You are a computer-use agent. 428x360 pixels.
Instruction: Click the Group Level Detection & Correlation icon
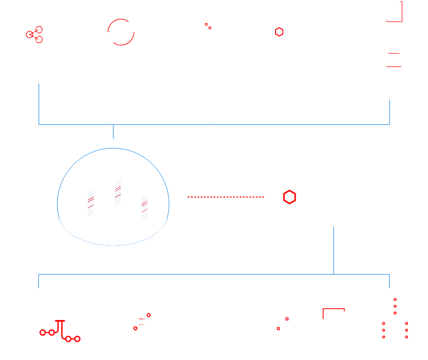pos(38,34)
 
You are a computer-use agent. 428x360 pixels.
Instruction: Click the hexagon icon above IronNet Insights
pos(284,32)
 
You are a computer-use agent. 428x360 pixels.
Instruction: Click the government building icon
pos(393,57)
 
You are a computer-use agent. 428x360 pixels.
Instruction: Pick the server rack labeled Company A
pos(113,190)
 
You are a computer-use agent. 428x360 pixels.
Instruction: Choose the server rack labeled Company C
pos(140,205)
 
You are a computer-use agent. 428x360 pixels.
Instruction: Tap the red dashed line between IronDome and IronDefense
pos(226,197)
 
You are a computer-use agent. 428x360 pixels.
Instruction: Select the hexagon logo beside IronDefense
pos(296,197)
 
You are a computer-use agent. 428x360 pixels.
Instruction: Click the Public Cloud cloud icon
pos(59,322)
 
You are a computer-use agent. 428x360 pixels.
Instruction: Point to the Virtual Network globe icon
pos(142,322)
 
